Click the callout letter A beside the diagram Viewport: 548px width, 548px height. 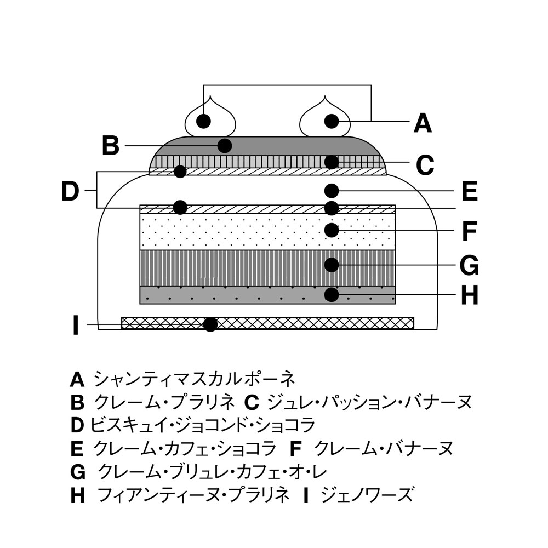tap(423, 123)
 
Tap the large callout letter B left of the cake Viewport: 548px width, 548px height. tap(111, 146)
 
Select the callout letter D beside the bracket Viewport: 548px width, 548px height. tap(70, 191)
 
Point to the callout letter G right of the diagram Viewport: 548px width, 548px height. tap(469, 266)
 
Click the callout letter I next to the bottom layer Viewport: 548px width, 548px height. tap(76, 326)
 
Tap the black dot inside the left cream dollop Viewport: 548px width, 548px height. tap(204, 121)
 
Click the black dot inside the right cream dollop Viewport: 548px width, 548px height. tap(331, 121)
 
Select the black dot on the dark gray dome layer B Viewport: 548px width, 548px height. tap(224, 146)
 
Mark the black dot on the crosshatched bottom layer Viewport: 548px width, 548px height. tap(210, 324)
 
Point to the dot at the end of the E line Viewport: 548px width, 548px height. tap(330, 190)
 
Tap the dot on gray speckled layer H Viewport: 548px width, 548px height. tap(331, 295)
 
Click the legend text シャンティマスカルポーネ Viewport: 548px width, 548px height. tap(195, 379)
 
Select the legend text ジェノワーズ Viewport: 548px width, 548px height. tap(366, 495)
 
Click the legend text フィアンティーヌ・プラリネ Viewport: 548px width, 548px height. tap(192, 495)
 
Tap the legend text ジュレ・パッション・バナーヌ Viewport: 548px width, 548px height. tap(368, 402)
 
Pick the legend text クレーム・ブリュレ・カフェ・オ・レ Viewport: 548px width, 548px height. tap(214, 472)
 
